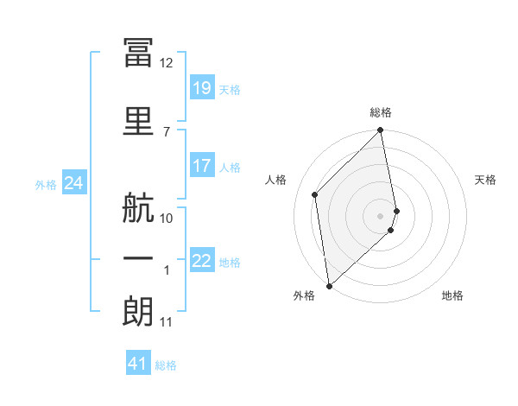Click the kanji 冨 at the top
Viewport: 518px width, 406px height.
[138, 52]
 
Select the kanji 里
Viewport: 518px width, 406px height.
[138, 121]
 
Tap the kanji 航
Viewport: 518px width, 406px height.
[138, 207]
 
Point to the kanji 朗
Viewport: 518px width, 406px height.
[138, 311]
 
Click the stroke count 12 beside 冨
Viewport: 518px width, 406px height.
[166, 63]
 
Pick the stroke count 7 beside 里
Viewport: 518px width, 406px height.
[167, 132]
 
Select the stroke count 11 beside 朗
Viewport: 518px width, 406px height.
[166, 322]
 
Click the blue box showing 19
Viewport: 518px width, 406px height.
[202, 87]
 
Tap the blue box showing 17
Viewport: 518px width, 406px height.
[202, 165]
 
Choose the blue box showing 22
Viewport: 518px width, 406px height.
[202, 259]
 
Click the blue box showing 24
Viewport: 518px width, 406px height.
[74, 182]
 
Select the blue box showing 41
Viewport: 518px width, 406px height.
[138, 362]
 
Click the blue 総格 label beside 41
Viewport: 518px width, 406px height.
[166, 365]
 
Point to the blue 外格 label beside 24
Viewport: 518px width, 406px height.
[46, 185]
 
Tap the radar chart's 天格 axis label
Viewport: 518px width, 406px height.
[485, 180]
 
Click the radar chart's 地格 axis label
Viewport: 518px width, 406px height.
[452, 295]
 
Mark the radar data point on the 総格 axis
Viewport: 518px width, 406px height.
[380, 130]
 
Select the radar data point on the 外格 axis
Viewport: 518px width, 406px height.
[330, 286]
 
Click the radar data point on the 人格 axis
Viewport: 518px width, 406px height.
[315, 194]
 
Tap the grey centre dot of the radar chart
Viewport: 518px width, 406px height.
[380, 216]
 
